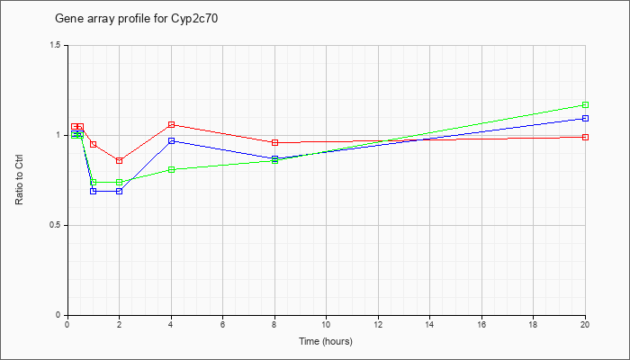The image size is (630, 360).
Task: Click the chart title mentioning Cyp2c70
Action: (x=137, y=19)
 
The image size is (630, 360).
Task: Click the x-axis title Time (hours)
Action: (x=326, y=341)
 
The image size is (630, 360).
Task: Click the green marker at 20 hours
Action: (x=585, y=105)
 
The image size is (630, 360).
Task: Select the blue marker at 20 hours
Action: (x=585, y=119)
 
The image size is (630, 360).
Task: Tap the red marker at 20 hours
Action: (x=585, y=138)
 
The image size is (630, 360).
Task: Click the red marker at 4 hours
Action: (x=172, y=124)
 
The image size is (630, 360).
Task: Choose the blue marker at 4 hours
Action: (x=172, y=141)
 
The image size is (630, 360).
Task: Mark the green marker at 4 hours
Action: (x=172, y=170)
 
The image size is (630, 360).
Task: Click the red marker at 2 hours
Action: (x=120, y=161)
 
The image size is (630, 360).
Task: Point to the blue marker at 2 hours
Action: (x=120, y=191)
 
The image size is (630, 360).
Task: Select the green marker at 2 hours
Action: (x=120, y=183)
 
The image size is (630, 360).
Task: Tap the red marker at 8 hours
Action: (x=275, y=142)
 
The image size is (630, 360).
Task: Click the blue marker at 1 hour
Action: (x=94, y=191)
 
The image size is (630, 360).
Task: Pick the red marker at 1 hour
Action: (x=94, y=144)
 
